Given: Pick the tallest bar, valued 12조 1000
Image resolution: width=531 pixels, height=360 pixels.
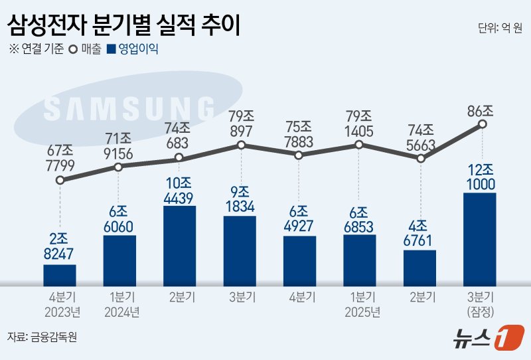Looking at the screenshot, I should pyautogui.click(x=480, y=239).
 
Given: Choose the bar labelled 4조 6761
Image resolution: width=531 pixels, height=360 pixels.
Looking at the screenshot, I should pyautogui.click(x=419, y=268).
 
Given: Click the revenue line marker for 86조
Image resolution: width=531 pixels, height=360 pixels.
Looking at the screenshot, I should pyautogui.click(x=483, y=124).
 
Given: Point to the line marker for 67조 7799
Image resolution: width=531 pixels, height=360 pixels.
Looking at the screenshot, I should pyautogui.click(x=60, y=180).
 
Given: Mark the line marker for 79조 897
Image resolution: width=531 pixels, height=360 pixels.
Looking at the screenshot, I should pyautogui.click(x=242, y=145).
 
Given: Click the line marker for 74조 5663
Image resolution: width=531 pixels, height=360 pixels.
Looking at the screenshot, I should pyautogui.click(x=420, y=159).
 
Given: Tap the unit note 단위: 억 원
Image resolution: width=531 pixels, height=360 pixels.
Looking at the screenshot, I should pyautogui.click(x=499, y=28).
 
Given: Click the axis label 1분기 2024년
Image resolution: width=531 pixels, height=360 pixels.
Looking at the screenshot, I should pyautogui.click(x=119, y=305).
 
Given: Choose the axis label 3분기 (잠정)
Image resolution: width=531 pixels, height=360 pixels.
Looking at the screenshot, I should pyautogui.click(x=481, y=305).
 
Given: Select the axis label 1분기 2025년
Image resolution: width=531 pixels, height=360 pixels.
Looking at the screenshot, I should pyautogui.click(x=359, y=305).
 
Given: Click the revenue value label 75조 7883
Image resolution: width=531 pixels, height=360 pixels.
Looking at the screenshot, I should pyautogui.click(x=299, y=133).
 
